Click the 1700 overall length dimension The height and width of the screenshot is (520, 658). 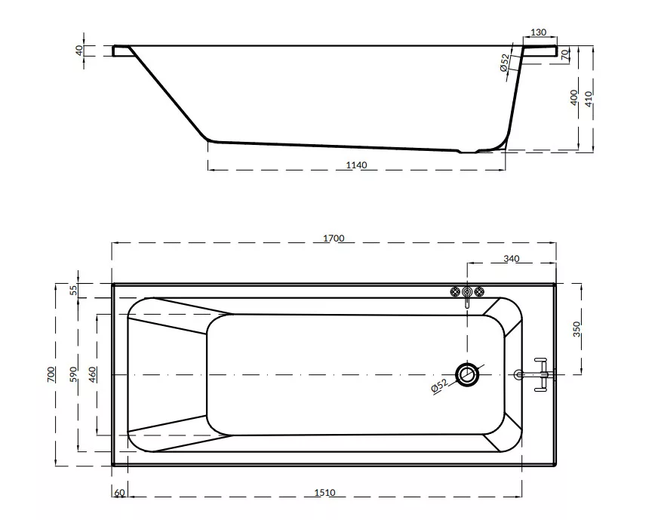point(334,238)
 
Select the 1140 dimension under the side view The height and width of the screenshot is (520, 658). point(356,165)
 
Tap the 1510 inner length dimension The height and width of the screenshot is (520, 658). point(324,493)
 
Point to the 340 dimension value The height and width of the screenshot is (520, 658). point(512,259)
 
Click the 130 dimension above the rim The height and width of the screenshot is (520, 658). point(539,32)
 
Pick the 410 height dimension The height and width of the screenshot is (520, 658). point(589,99)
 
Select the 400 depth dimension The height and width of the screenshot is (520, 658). point(574,98)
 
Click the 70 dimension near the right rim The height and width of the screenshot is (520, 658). point(565,54)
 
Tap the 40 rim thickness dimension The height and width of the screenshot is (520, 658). point(79,51)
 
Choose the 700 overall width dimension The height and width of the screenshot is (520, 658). point(51,374)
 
